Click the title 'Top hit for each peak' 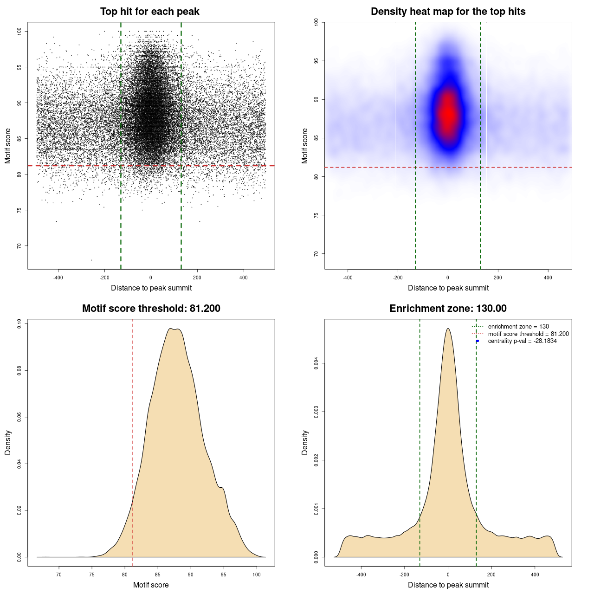click(150, 12)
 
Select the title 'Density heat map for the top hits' click(448, 12)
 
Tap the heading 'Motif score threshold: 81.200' click(151, 309)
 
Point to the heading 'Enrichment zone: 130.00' click(448, 309)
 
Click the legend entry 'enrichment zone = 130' click(518, 327)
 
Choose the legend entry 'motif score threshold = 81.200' click(528, 334)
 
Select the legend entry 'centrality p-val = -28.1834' click(522, 341)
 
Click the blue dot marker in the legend click(478, 341)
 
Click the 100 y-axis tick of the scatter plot click(19, 31)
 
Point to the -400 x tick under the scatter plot click(58, 278)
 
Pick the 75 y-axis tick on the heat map click(316, 215)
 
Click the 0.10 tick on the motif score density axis click(19, 323)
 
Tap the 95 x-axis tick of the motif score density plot click(224, 575)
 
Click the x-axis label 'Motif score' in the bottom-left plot click(151, 585)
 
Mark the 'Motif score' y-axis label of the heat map click(305, 146)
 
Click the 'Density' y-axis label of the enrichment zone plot click(305, 442)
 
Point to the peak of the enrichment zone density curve click(448, 329)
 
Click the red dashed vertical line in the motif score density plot click(133, 418)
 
